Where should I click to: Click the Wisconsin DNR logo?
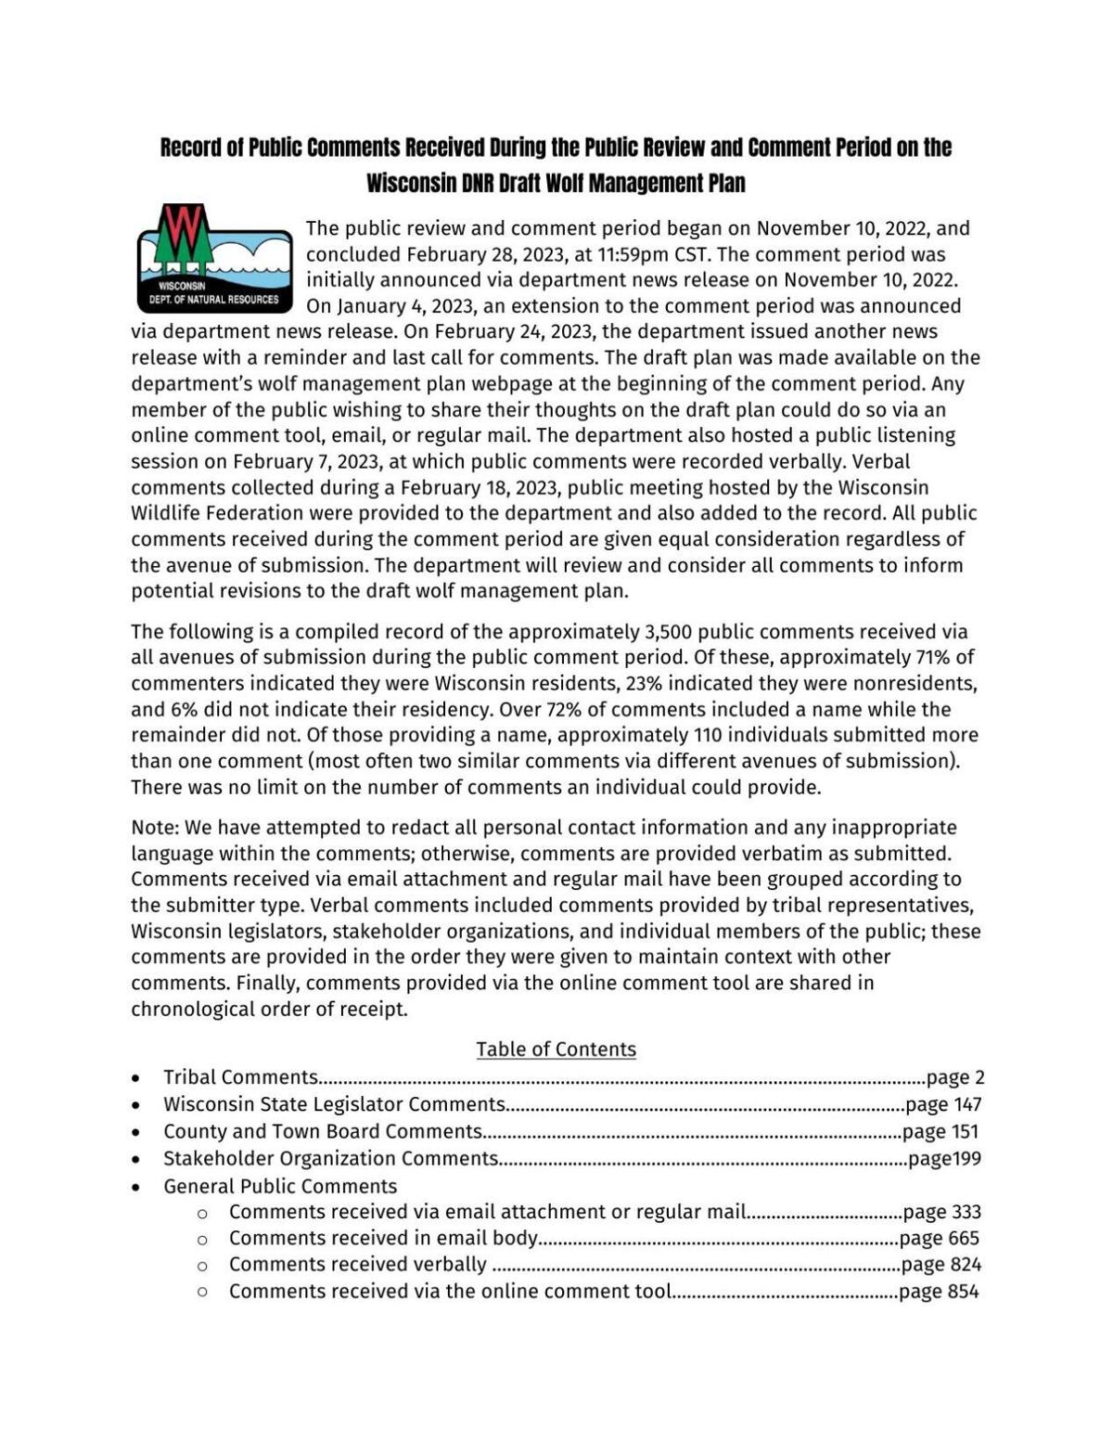click(x=214, y=259)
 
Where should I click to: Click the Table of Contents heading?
click(x=556, y=1049)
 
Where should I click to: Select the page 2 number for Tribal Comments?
click(x=955, y=1077)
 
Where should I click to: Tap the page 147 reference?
click(x=943, y=1104)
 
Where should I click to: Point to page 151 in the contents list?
click(x=940, y=1131)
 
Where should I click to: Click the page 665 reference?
click(x=940, y=1238)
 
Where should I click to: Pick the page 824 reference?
click(x=941, y=1265)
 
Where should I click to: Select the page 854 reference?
click(x=939, y=1292)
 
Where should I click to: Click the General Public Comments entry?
click(x=280, y=1186)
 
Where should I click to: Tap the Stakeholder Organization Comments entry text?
click(x=331, y=1158)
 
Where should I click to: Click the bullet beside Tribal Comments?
click(x=136, y=1078)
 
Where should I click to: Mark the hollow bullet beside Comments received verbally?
click(x=202, y=1266)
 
